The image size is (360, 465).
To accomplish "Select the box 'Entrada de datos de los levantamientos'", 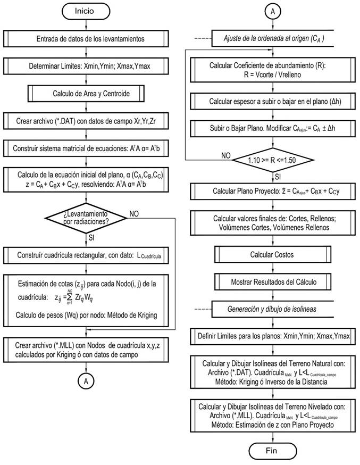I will point(90,39).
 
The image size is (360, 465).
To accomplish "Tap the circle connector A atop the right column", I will point(273,11).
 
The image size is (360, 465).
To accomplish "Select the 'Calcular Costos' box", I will point(272,254).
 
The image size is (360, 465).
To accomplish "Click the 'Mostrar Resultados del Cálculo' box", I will point(272,281).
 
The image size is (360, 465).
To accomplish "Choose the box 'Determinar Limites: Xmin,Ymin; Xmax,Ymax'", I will point(90,67).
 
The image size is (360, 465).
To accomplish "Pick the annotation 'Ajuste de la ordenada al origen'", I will point(272,38).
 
